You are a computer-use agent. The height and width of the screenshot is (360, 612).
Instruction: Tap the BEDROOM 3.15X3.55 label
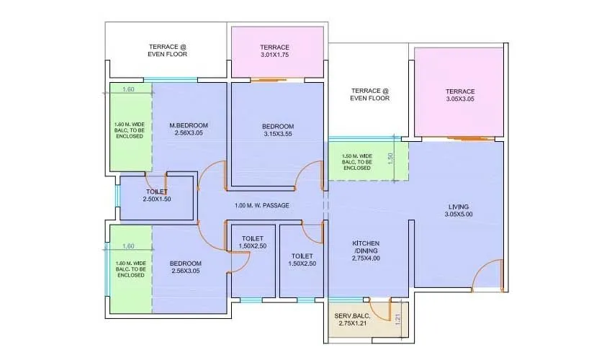click(x=277, y=130)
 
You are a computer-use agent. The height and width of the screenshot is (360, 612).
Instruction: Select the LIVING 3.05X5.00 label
click(x=459, y=209)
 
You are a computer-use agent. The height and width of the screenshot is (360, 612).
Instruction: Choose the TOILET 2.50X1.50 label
click(x=156, y=195)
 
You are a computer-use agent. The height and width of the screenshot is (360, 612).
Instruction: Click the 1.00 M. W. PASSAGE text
click(x=262, y=206)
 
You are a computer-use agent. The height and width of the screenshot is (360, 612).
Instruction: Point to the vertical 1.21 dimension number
click(x=397, y=318)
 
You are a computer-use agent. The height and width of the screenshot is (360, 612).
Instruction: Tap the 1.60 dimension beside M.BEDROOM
click(x=128, y=90)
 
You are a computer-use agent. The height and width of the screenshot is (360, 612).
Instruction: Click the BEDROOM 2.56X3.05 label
click(x=186, y=267)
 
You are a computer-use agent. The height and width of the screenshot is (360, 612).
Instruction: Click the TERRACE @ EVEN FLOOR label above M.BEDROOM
click(x=167, y=50)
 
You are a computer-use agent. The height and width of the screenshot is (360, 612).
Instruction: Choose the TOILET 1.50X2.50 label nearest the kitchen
click(x=303, y=259)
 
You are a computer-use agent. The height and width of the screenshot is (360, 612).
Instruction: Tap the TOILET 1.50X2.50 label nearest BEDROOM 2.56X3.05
click(x=252, y=243)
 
